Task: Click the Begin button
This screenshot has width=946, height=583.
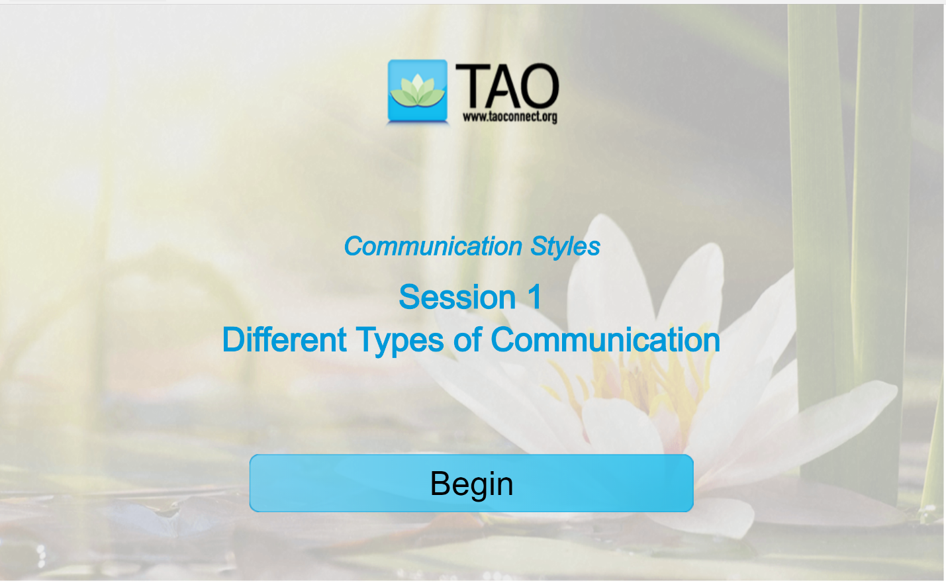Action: [x=471, y=483]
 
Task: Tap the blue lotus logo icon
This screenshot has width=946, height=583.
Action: [x=417, y=91]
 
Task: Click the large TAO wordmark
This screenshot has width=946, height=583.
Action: [x=507, y=87]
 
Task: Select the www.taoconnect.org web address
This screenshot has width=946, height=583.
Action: [x=510, y=117]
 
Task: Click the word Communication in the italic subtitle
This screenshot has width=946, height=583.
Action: [x=433, y=246]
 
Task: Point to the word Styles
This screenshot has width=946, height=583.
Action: [x=565, y=247]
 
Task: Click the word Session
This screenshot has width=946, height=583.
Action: [x=457, y=296]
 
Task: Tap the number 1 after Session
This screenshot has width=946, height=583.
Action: [x=535, y=296]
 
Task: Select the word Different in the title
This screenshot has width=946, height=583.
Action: [x=284, y=339]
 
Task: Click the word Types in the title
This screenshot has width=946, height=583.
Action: [x=399, y=341]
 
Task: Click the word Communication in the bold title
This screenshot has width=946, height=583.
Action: [x=605, y=339]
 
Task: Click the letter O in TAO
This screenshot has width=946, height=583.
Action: [x=536, y=87]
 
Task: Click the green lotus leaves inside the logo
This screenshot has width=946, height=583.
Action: [x=417, y=89]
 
